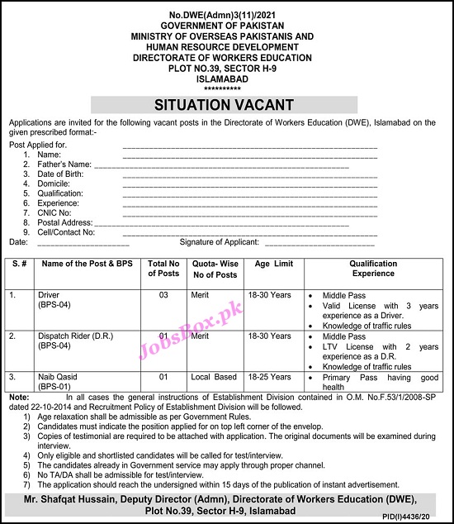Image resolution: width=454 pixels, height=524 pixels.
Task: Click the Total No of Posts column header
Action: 163,268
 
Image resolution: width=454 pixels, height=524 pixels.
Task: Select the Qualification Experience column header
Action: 373,268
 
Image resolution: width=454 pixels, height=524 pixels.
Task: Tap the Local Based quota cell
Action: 215,377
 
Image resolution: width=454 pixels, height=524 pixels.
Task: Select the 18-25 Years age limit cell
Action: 272,377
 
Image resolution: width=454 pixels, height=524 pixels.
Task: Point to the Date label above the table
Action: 18,242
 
